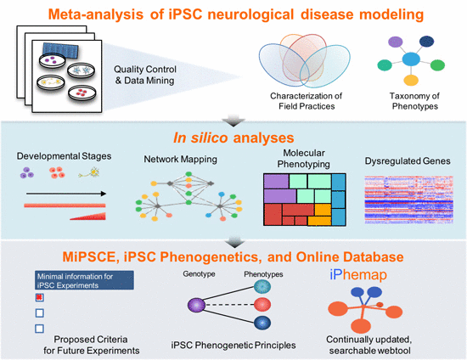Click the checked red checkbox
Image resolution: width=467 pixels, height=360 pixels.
click(38, 298)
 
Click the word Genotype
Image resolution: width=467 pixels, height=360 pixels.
click(201, 274)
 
